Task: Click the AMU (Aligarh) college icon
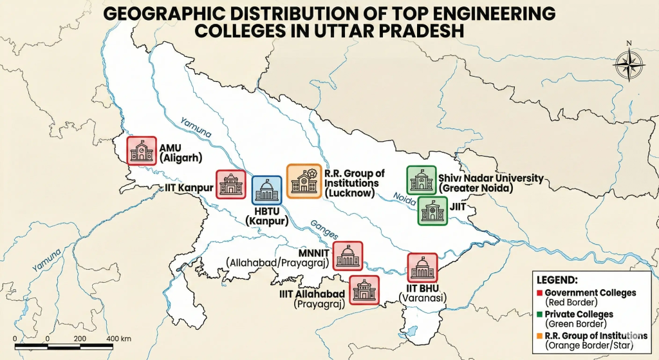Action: coord(142,151)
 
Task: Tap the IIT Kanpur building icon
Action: coord(230,185)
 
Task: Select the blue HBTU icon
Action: coord(266,191)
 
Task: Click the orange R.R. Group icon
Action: coord(303,180)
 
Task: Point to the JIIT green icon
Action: coord(433,211)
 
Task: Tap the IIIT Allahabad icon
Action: coord(364,289)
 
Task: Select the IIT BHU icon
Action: coord(423,267)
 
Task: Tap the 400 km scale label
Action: coord(119,339)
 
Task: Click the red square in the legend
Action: coord(539,293)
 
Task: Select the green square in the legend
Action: coord(539,314)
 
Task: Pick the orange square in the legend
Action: coord(539,336)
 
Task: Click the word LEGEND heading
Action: coord(557,281)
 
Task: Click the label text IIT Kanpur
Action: coord(187,188)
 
